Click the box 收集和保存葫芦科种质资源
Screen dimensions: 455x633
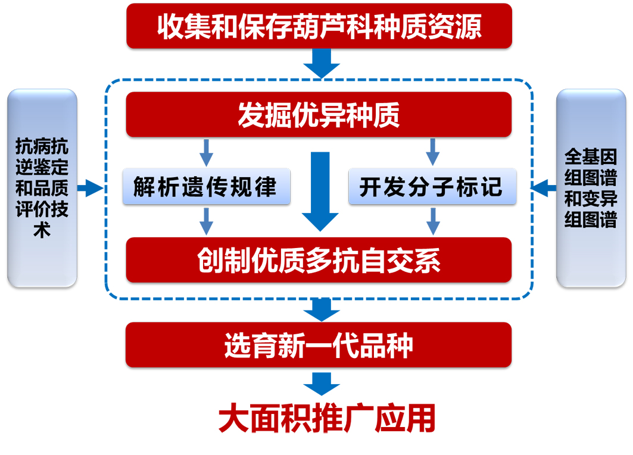click(319, 26)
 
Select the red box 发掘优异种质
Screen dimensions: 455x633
click(319, 114)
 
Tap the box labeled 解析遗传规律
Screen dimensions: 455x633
click(206, 187)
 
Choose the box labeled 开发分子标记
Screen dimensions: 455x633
click(432, 187)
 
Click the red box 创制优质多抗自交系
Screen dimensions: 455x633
click(319, 260)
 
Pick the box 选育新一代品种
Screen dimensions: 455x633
click(319, 345)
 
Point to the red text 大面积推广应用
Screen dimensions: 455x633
click(327, 418)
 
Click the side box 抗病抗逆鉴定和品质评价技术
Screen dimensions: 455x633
click(42, 188)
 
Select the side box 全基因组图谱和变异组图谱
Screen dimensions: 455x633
click(591, 188)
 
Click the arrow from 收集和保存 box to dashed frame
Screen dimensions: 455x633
click(322, 62)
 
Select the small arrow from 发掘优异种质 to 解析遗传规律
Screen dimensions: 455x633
click(206, 152)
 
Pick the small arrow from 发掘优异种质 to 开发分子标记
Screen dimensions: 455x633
click(433, 152)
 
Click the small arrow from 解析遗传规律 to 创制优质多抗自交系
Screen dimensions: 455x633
click(206, 221)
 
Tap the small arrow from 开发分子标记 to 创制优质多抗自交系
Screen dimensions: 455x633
click(433, 221)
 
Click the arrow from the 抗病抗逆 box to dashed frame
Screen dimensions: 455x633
click(91, 189)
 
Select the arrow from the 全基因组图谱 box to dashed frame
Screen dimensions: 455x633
click(542, 189)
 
